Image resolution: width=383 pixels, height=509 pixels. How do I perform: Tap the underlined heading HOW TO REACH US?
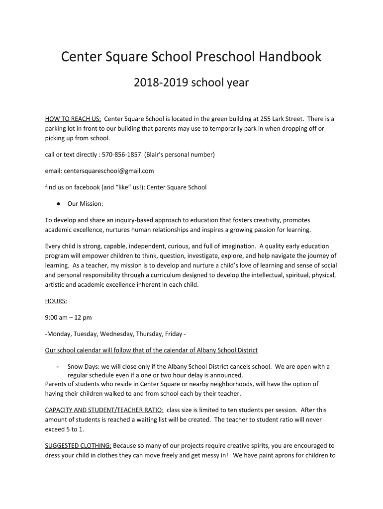(73, 119)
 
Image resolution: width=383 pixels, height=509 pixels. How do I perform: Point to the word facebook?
(84, 187)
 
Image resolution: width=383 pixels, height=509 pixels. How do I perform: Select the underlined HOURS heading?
(56, 301)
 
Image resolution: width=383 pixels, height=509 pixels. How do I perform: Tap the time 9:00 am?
(57, 317)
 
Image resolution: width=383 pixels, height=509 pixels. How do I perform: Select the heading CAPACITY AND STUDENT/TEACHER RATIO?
(104, 410)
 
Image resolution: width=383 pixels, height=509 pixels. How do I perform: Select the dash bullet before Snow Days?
(58, 367)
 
